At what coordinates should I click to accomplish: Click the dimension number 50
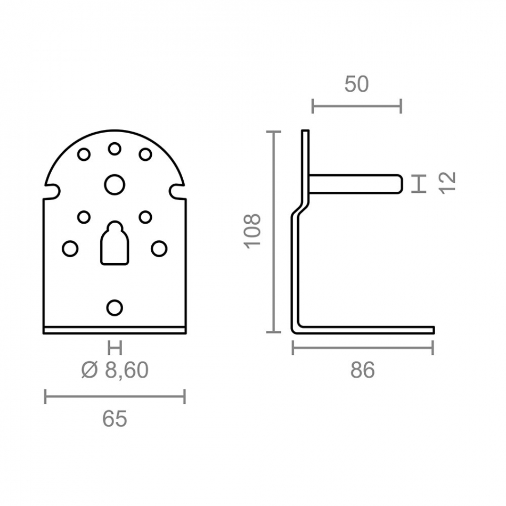(x=356, y=84)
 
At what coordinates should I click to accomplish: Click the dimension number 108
(x=252, y=231)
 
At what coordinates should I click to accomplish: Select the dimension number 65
(x=115, y=419)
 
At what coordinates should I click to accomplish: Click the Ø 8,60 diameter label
(x=115, y=370)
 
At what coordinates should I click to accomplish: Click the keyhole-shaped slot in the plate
(x=115, y=243)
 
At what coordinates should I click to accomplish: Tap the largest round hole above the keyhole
(x=115, y=185)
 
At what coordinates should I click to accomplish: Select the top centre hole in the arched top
(x=115, y=149)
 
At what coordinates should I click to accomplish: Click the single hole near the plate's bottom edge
(x=115, y=307)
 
